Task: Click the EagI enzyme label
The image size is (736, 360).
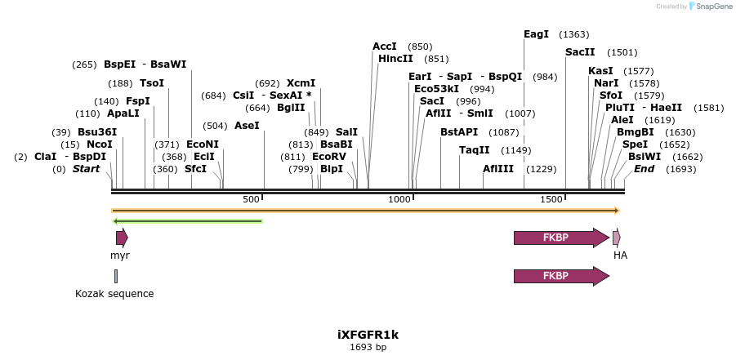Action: point(536,34)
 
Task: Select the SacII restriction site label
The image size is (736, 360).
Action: point(580,52)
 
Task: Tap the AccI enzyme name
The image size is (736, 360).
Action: point(384,47)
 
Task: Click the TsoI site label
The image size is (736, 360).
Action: point(152,83)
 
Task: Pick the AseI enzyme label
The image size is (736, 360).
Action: point(247,126)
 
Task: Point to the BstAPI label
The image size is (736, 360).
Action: point(459,132)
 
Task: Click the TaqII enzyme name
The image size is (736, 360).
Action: point(474,150)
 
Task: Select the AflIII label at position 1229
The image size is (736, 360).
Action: point(498,169)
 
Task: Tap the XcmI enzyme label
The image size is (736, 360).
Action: point(301,83)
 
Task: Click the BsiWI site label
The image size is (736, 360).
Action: point(645,157)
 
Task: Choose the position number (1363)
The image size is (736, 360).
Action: point(573,34)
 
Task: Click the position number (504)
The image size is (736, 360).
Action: point(215,126)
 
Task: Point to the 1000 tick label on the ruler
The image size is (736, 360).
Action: point(399,200)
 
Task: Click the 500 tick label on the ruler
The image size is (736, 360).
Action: point(251,200)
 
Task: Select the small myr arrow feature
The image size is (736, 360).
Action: point(122,238)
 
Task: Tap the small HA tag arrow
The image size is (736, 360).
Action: point(617,238)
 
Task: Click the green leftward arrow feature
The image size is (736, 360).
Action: point(187,220)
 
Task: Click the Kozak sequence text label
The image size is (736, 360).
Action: point(114,294)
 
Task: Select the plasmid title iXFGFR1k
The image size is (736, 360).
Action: point(368,335)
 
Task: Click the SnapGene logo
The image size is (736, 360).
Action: point(707,7)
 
